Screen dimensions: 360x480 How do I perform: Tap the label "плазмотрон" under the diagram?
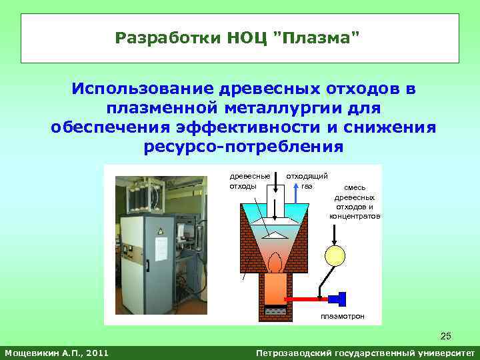point(343,315)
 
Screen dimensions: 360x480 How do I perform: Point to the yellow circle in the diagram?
point(334,255)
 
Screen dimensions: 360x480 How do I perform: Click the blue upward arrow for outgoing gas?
point(295,193)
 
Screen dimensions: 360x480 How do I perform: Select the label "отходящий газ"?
point(307,181)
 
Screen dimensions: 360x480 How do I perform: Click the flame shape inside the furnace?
point(273,261)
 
